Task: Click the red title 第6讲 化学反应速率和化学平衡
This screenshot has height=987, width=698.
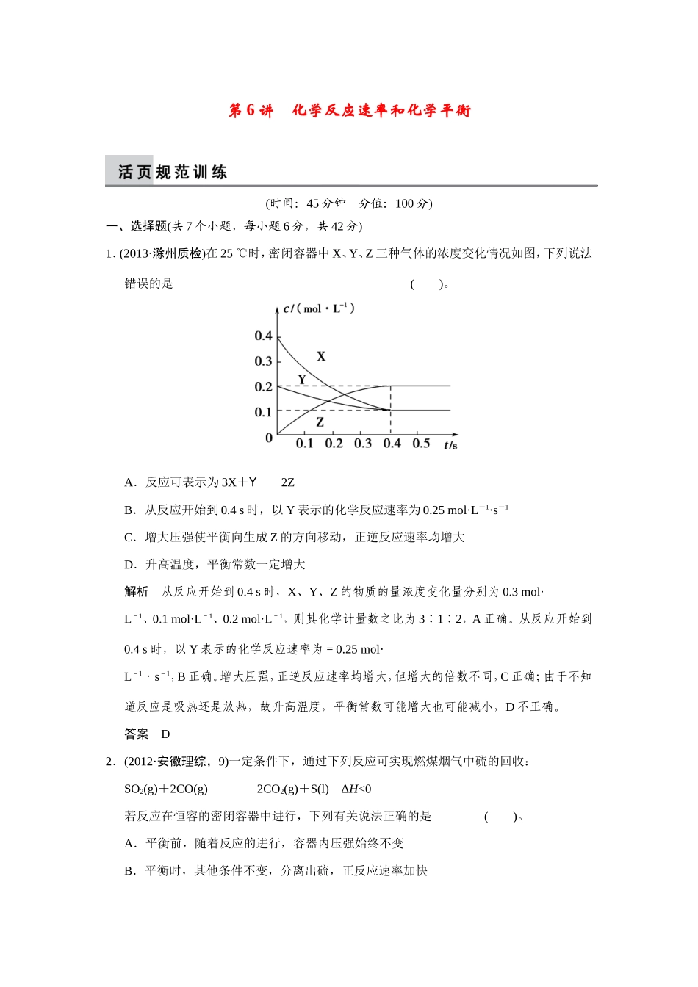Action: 349,111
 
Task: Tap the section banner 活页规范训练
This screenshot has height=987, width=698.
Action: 173,173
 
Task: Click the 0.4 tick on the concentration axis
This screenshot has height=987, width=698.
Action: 263,336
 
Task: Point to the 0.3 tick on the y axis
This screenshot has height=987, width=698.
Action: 263,361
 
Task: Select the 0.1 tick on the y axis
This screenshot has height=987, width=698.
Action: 263,412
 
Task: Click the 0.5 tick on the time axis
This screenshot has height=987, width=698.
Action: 421,444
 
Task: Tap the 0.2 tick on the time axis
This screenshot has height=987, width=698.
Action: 334,444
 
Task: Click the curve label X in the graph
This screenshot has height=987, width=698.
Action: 321,357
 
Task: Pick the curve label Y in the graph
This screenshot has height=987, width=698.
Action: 302,380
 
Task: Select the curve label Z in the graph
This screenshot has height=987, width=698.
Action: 320,422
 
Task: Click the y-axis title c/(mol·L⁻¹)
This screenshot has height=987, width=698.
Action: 319,308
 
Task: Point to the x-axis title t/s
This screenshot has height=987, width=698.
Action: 450,445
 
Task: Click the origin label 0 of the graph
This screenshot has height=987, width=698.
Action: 269,438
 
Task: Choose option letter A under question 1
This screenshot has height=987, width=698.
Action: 129,482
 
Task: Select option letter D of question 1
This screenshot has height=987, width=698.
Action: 129,565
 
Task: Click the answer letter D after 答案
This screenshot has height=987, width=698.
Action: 166,734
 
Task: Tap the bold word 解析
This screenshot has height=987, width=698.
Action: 137,592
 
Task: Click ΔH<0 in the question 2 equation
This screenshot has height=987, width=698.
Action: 356,789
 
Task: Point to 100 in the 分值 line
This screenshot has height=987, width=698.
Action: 405,204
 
